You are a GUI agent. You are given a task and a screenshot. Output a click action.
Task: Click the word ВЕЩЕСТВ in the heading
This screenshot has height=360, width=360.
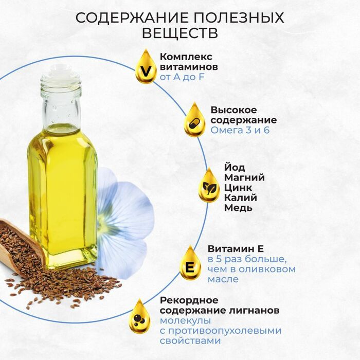[180, 33]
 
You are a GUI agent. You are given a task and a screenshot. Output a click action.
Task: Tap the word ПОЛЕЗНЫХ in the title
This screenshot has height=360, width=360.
[238, 17]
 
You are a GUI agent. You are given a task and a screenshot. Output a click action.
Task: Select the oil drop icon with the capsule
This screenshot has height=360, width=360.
[194, 120]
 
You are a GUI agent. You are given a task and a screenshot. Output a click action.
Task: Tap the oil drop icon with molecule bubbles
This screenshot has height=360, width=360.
[139, 317]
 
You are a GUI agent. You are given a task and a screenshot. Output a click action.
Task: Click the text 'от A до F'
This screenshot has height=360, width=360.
[182, 77]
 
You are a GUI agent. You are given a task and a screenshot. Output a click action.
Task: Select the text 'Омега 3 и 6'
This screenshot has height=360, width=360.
[240, 130]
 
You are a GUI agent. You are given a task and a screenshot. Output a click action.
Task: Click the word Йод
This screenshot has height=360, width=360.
[235, 167]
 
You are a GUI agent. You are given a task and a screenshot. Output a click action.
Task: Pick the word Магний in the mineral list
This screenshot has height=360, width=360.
[244, 177]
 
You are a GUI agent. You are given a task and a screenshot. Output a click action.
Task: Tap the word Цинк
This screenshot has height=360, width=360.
[238, 188]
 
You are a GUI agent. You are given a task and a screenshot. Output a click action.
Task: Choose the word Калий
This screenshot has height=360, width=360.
[240, 197]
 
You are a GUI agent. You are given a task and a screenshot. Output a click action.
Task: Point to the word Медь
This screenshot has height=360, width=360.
[238, 208]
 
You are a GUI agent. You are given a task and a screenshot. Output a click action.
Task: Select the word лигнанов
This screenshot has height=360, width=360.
[254, 311]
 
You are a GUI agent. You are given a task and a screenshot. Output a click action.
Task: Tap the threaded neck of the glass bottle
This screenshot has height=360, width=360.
[61, 88]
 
